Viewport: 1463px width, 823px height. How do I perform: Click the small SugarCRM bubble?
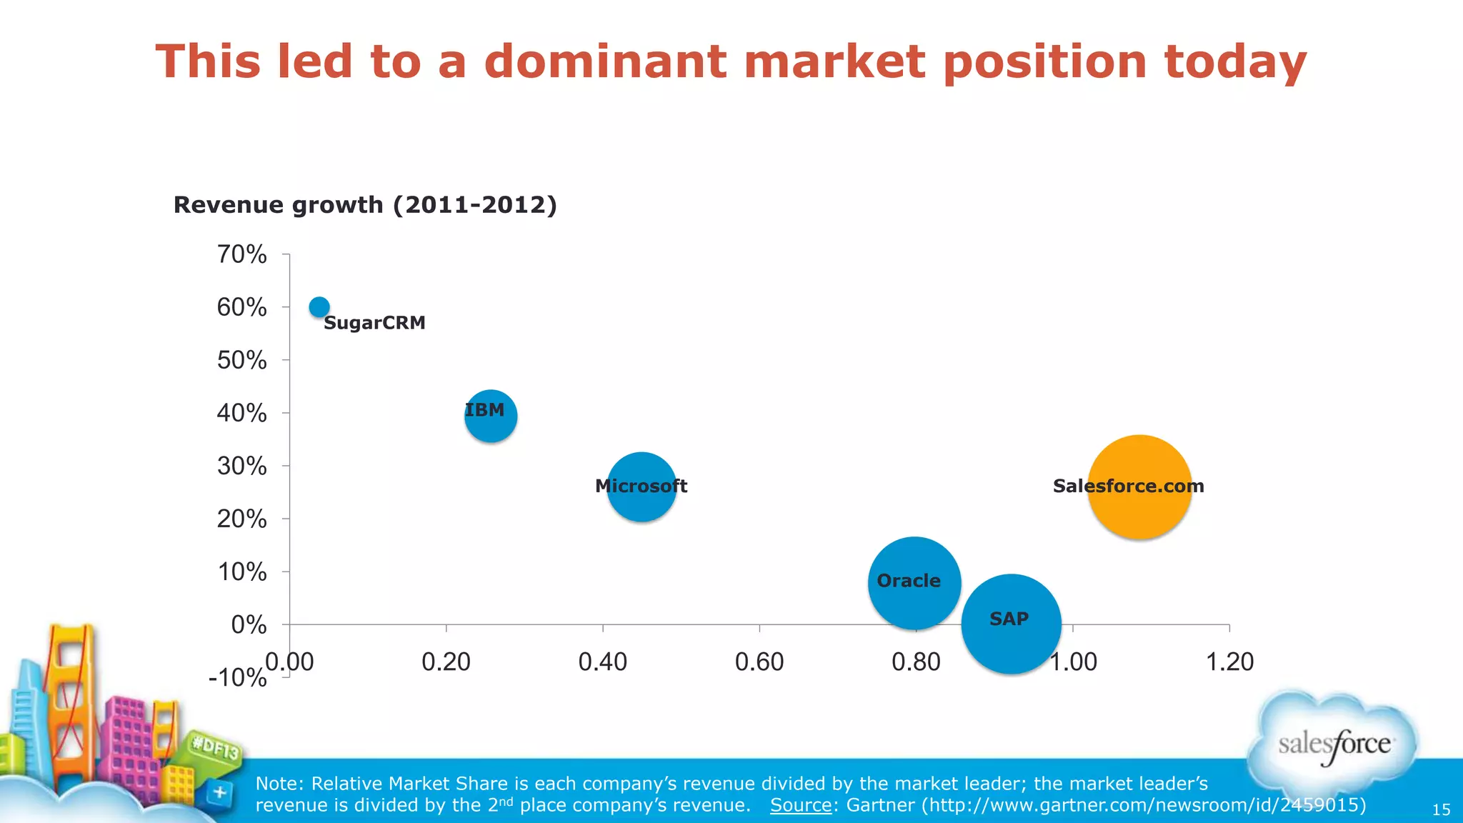(x=319, y=307)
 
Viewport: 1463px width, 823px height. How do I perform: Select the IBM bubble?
(x=491, y=417)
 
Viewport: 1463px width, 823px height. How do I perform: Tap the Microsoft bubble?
(x=641, y=487)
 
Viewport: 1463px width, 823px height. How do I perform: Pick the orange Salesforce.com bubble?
(x=1140, y=487)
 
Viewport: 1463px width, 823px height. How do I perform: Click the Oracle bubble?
(x=914, y=583)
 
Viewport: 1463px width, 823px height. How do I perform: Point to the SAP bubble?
(x=1011, y=624)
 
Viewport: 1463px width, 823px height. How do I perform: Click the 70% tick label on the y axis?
(x=241, y=254)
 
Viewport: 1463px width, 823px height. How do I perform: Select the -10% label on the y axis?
(x=237, y=677)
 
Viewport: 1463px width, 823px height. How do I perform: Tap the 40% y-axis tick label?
(x=241, y=413)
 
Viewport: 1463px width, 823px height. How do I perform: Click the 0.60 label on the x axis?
(x=759, y=662)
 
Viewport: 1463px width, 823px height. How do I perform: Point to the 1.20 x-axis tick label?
(x=1229, y=662)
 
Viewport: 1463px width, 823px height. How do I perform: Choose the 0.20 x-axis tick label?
(x=446, y=662)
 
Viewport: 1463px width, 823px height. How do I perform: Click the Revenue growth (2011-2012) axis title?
(x=365, y=205)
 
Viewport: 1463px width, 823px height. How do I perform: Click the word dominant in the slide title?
(x=604, y=61)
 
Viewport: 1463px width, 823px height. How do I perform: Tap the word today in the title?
(x=1235, y=61)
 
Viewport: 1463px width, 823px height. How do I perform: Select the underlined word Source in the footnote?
(x=800, y=805)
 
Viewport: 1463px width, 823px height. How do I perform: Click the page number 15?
(x=1441, y=810)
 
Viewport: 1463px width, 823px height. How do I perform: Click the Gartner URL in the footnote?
(x=1143, y=805)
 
